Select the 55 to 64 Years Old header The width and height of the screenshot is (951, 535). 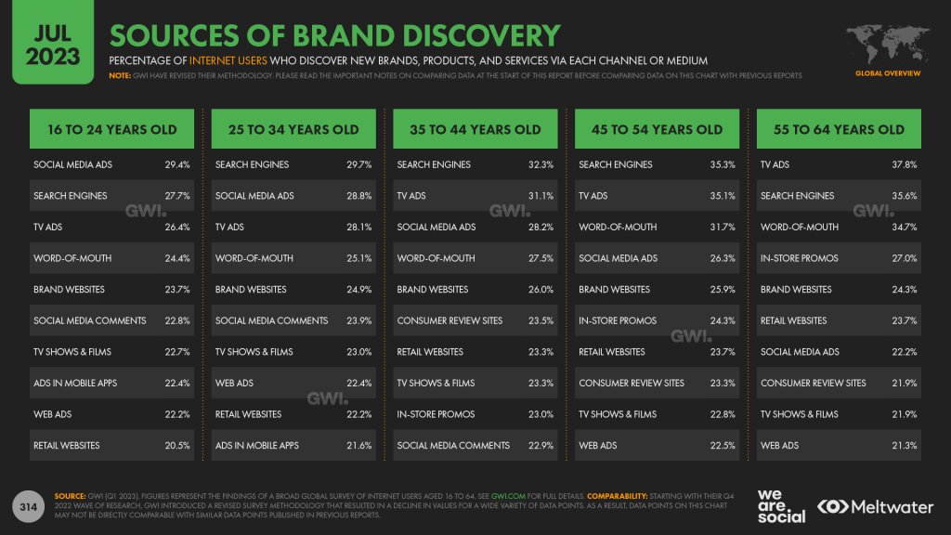pyautogui.click(x=839, y=129)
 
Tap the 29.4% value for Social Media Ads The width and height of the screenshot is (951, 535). pyautogui.click(x=177, y=164)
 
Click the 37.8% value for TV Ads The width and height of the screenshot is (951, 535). pyautogui.click(x=904, y=164)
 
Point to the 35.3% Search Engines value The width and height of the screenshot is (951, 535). pyautogui.click(x=723, y=164)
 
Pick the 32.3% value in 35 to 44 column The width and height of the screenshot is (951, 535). pyautogui.click(x=541, y=164)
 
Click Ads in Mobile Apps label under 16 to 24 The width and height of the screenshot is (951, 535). pyautogui.click(x=75, y=383)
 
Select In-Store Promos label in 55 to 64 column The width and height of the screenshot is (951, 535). pyautogui.click(x=800, y=258)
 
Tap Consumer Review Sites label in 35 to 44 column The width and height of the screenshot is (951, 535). pyautogui.click(x=449, y=320)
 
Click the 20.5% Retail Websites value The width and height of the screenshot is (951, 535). pyautogui.click(x=177, y=446)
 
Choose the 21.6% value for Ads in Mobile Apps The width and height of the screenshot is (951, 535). pyautogui.click(x=358, y=446)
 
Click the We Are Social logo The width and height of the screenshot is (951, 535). pyautogui.click(x=781, y=506)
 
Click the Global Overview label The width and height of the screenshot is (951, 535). pyautogui.click(x=888, y=72)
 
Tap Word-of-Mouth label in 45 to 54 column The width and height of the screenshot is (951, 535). pyautogui.click(x=618, y=227)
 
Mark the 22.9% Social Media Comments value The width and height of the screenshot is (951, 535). pyautogui.click(x=541, y=446)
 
